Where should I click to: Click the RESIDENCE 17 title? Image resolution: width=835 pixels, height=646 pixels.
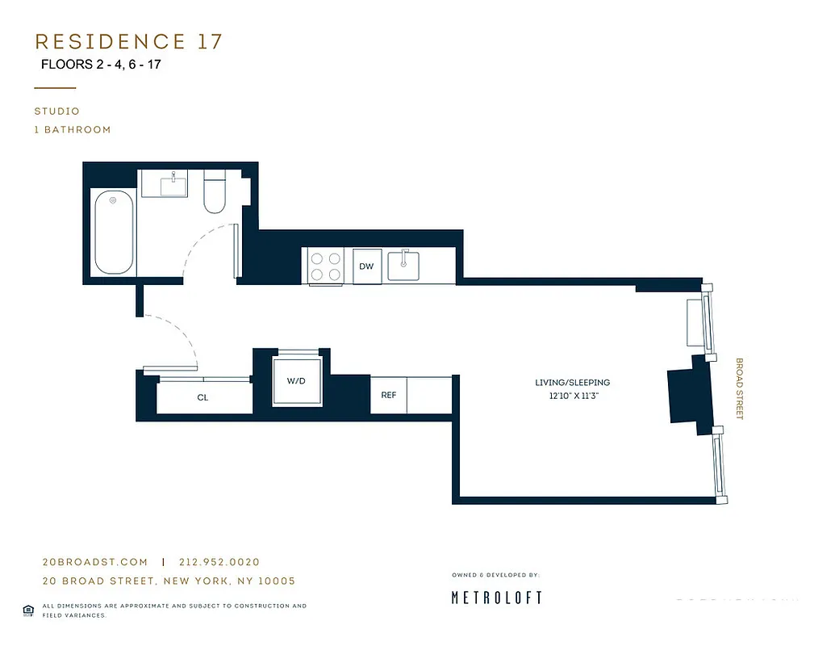click(128, 42)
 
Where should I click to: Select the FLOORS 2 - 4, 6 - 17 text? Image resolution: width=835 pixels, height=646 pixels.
click(101, 64)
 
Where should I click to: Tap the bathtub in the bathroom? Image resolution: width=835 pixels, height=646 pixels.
click(113, 233)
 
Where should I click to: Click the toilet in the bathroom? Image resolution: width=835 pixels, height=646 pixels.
click(215, 192)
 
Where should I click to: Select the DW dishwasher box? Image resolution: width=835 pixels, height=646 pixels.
click(366, 266)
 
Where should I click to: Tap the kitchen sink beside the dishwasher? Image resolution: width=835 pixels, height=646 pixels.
click(403, 266)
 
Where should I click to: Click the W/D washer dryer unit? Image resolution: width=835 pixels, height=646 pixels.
click(296, 380)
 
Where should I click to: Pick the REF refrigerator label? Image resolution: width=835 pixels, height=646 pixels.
click(388, 395)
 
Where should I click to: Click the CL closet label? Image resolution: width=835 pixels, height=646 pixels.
click(202, 397)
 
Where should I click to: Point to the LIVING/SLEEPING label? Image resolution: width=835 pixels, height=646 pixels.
click(572, 383)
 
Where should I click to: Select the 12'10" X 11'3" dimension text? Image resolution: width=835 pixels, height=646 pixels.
click(572, 396)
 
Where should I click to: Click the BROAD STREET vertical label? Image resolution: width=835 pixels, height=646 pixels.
click(738, 388)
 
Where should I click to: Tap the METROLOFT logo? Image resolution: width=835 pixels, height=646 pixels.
click(495, 598)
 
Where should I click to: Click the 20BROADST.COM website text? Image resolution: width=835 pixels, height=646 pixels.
click(94, 562)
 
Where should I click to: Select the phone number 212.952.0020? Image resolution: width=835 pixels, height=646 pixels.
click(219, 562)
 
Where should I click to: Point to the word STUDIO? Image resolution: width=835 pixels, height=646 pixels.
click(56, 111)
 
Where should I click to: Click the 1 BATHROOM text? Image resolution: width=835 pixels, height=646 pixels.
click(73, 129)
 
